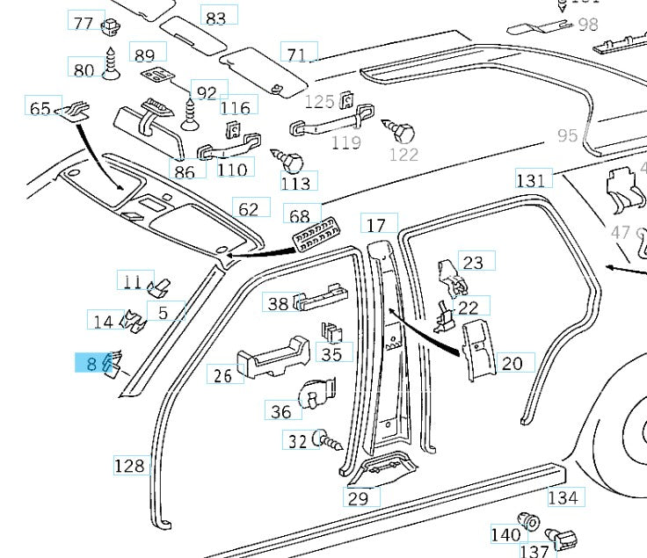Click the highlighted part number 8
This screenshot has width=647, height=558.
click(91, 361)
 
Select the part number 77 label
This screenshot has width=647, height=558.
click(82, 22)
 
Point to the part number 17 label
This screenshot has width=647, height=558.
click(376, 225)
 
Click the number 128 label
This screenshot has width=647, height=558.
click(129, 466)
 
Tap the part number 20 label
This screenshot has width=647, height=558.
click(513, 361)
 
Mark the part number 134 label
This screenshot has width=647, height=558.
click(563, 497)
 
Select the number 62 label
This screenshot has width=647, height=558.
click(250, 209)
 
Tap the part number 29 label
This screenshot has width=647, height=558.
click(359, 498)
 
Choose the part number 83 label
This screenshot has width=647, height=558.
click(215, 18)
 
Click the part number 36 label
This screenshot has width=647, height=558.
click(280, 411)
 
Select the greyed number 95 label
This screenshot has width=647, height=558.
click(568, 136)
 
